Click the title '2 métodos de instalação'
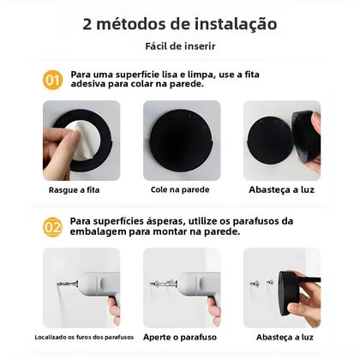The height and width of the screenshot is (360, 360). click(x=179, y=24)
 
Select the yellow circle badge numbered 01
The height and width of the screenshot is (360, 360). click(x=53, y=80)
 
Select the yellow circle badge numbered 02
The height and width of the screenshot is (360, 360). click(x=53, y=226)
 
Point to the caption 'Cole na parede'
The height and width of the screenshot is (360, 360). click(x=181, y=189)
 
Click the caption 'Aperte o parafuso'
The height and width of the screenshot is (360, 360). click(x=181, y=337)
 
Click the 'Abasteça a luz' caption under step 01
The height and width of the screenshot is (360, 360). click(x=281, y=189)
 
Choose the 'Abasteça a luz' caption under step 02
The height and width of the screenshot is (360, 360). click(x=281, y=337)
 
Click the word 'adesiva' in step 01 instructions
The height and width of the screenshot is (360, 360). click(x=89, y=85)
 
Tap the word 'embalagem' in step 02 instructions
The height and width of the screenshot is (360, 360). click(x=100, y=231)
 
